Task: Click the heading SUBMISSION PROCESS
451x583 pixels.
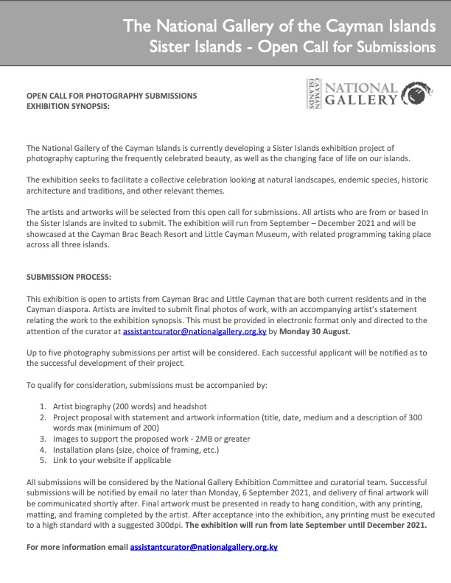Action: (x=69, y=278)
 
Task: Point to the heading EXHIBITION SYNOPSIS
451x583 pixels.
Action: (x=68, y=107)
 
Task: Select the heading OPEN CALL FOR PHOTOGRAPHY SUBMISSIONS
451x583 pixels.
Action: (x=112, y=96)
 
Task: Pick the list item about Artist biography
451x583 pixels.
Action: (x=129, y=406)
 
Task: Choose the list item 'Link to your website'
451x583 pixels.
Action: (x=111, y=459)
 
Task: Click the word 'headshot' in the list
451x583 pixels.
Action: (x=190, y=406)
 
